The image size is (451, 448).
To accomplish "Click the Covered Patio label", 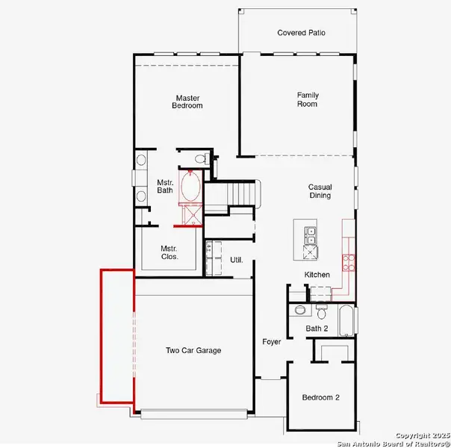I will [301, 33].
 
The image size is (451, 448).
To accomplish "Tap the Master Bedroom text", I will [189, 102].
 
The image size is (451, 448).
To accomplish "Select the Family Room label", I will [307, 99].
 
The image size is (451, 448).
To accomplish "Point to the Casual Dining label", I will [320, 191].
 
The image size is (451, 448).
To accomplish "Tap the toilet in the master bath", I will [197, 158].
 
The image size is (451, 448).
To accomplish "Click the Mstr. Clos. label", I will [169, 253].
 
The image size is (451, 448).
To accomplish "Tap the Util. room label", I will [237, 261].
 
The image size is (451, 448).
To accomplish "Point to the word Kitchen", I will [317, 276].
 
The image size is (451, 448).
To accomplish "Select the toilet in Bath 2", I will [322, 308].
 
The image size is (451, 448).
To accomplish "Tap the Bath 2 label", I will [317, 329].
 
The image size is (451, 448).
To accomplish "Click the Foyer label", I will [271, 342].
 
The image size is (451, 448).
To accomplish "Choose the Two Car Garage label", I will [193, 350].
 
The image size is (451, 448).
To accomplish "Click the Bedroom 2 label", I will [321, 398].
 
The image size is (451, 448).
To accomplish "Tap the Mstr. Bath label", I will [164, 186].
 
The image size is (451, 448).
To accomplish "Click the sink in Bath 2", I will [299, 309].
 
